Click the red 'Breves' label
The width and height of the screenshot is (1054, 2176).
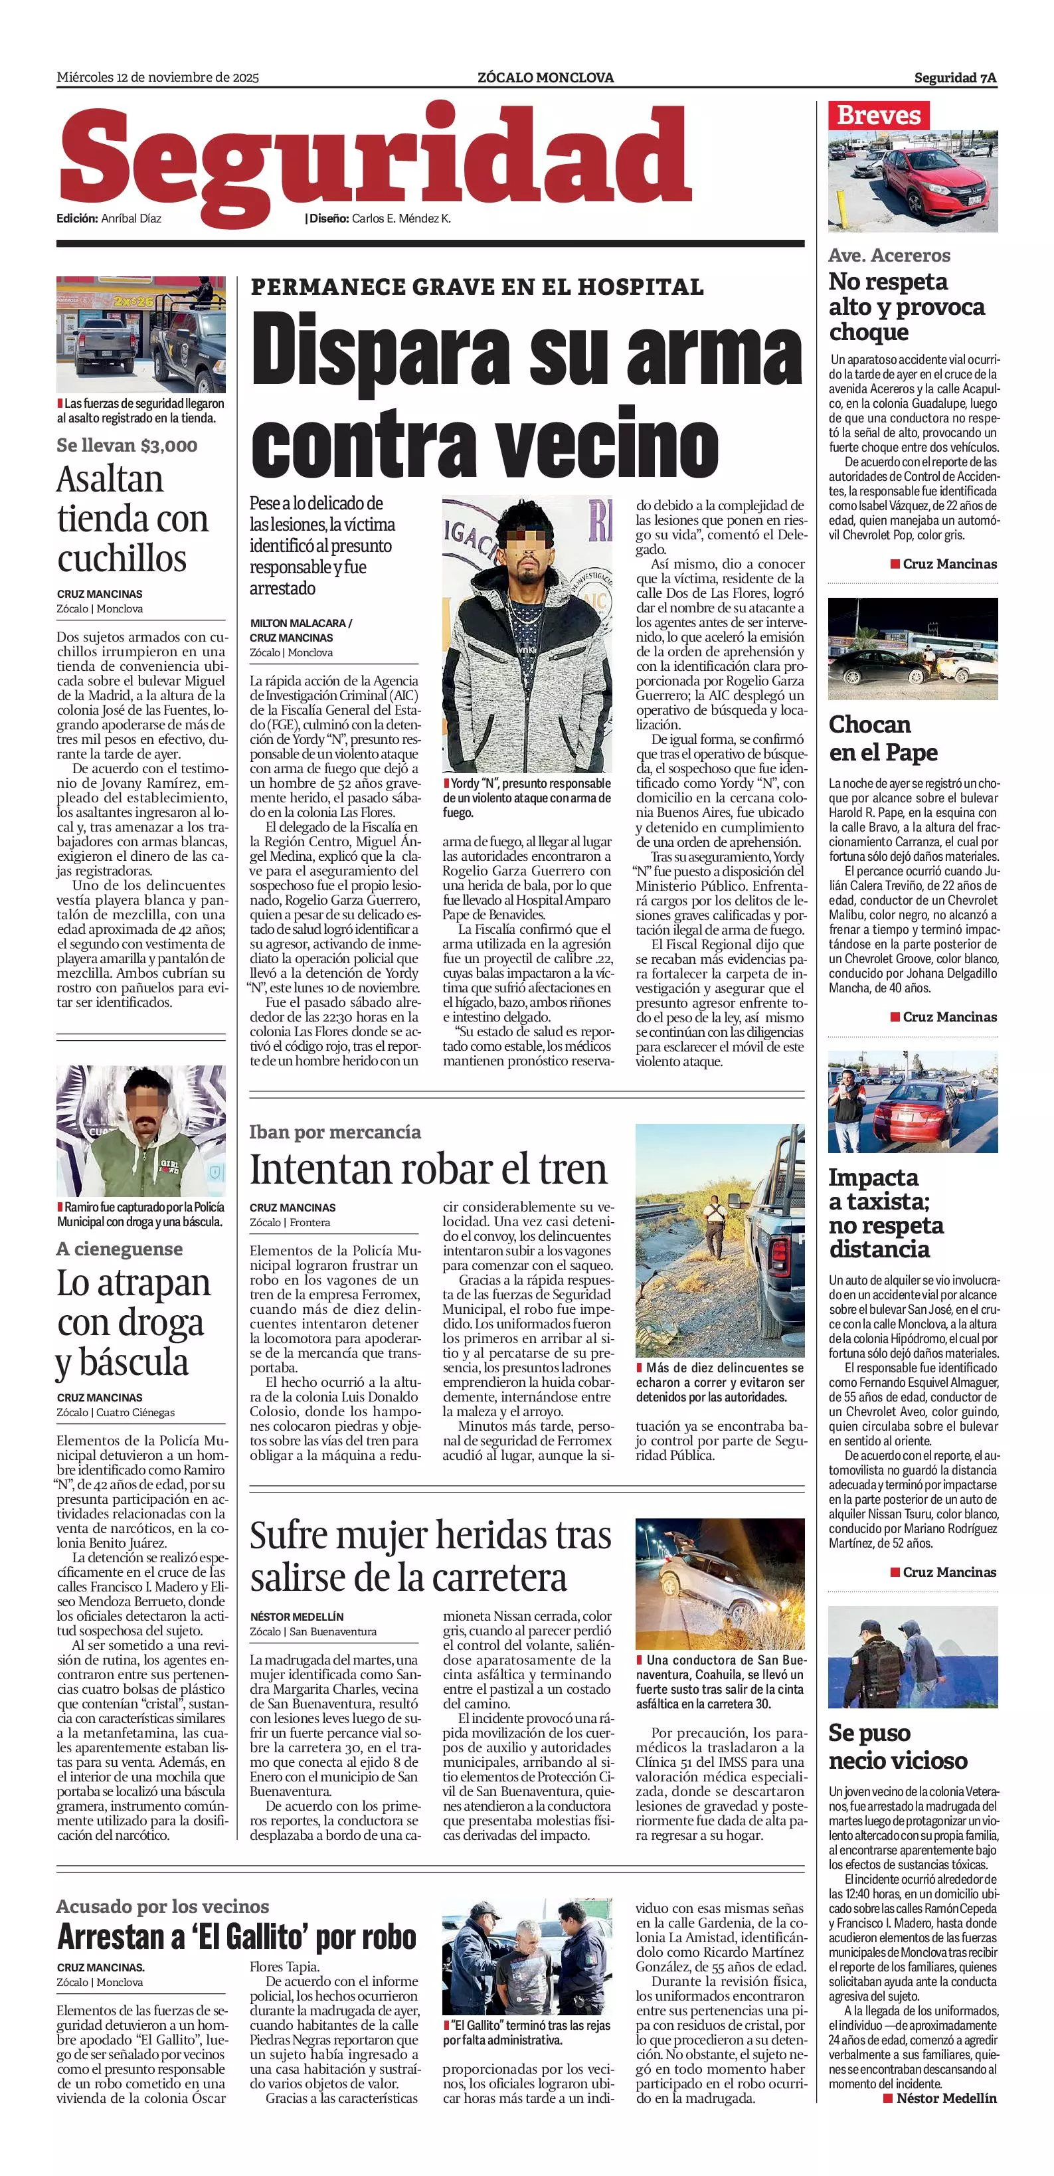(x=878, y=115)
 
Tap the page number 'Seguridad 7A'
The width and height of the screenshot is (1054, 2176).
(x=954, y=78)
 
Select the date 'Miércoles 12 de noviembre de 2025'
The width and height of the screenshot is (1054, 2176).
(x=158, y=78)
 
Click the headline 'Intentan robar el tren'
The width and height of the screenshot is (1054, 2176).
(x=428, y=1170)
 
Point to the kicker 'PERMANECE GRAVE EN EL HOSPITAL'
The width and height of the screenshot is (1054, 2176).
(x=476, y=287)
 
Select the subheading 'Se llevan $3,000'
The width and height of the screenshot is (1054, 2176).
(x=127, y=445)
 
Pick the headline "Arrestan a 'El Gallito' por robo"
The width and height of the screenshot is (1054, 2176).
(x=236, y=1936)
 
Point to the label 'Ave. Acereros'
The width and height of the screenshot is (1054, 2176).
(x=889, y=255)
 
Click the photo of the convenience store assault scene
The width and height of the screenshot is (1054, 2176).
(x=141, y=335)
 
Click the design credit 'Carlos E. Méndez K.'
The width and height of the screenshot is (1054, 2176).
(x=401, y=219)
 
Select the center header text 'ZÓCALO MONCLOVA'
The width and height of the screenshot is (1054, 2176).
(x=545, y=78)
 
